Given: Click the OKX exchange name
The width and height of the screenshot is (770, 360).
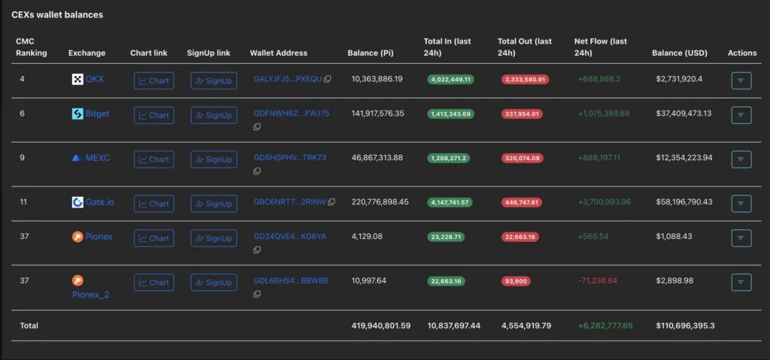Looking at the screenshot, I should pos(95,79).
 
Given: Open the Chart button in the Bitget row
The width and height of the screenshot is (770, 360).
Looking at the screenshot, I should pos(153,115).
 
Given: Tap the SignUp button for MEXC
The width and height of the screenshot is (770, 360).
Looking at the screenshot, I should pos(214,159).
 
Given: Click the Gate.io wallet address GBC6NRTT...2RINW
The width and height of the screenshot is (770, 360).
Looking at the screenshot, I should pos(290,202).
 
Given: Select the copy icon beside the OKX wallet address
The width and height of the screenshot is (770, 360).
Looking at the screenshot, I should pos(328,80).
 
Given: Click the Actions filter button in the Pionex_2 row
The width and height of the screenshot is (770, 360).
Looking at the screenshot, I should pos(741,282).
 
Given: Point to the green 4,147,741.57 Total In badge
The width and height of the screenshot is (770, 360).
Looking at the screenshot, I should pos(450,202).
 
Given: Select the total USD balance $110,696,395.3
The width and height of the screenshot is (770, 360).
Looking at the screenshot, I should pos(684,325).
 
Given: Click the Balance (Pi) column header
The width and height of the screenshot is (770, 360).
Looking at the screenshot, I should pos(371,53).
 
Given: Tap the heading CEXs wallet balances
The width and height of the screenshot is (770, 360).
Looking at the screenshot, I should pos(57,15).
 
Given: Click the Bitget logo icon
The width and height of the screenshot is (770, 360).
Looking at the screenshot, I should pos(77,114).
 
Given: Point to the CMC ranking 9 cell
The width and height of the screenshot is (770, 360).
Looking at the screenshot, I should pos(23,158).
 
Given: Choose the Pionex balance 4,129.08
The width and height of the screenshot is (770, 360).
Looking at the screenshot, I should pos(367,237).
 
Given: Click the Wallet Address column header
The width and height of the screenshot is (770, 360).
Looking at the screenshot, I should pos(278,53).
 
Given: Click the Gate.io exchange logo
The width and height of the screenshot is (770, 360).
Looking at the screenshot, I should pos(77,202).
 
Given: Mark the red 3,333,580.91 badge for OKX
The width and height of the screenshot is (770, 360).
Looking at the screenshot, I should pos(525,80).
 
